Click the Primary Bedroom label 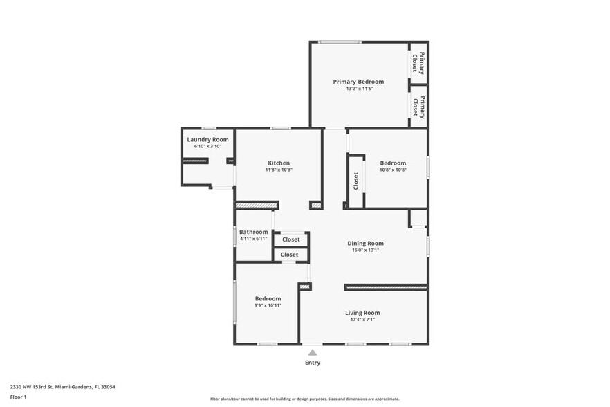click(x=358, y=82)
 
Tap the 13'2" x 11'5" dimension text click(x=358, y=89)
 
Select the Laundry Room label click(x=207, y=139)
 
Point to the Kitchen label click(x=279, y=163)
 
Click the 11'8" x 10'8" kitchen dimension click(x=279, y=170)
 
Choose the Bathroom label click(x=253, y=232)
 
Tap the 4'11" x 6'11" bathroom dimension click(x=253, y=239)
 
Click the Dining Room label click(x=365, y=243)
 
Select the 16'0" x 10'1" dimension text click(x=365, y=251)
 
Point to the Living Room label click(x=362, y=313)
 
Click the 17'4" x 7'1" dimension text click(x=362, y=320)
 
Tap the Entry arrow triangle click(x=313, y=352)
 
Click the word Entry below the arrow click(x=313, y=363)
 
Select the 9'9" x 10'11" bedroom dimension click(x=268, y=305)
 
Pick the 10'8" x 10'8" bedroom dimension click(x=393, y=170)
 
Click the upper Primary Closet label click(x=418, y=63)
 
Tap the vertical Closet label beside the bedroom click(x=355, y=181)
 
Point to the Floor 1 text click(x=18, y=397)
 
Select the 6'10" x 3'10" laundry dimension click(x=207, y=147)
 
